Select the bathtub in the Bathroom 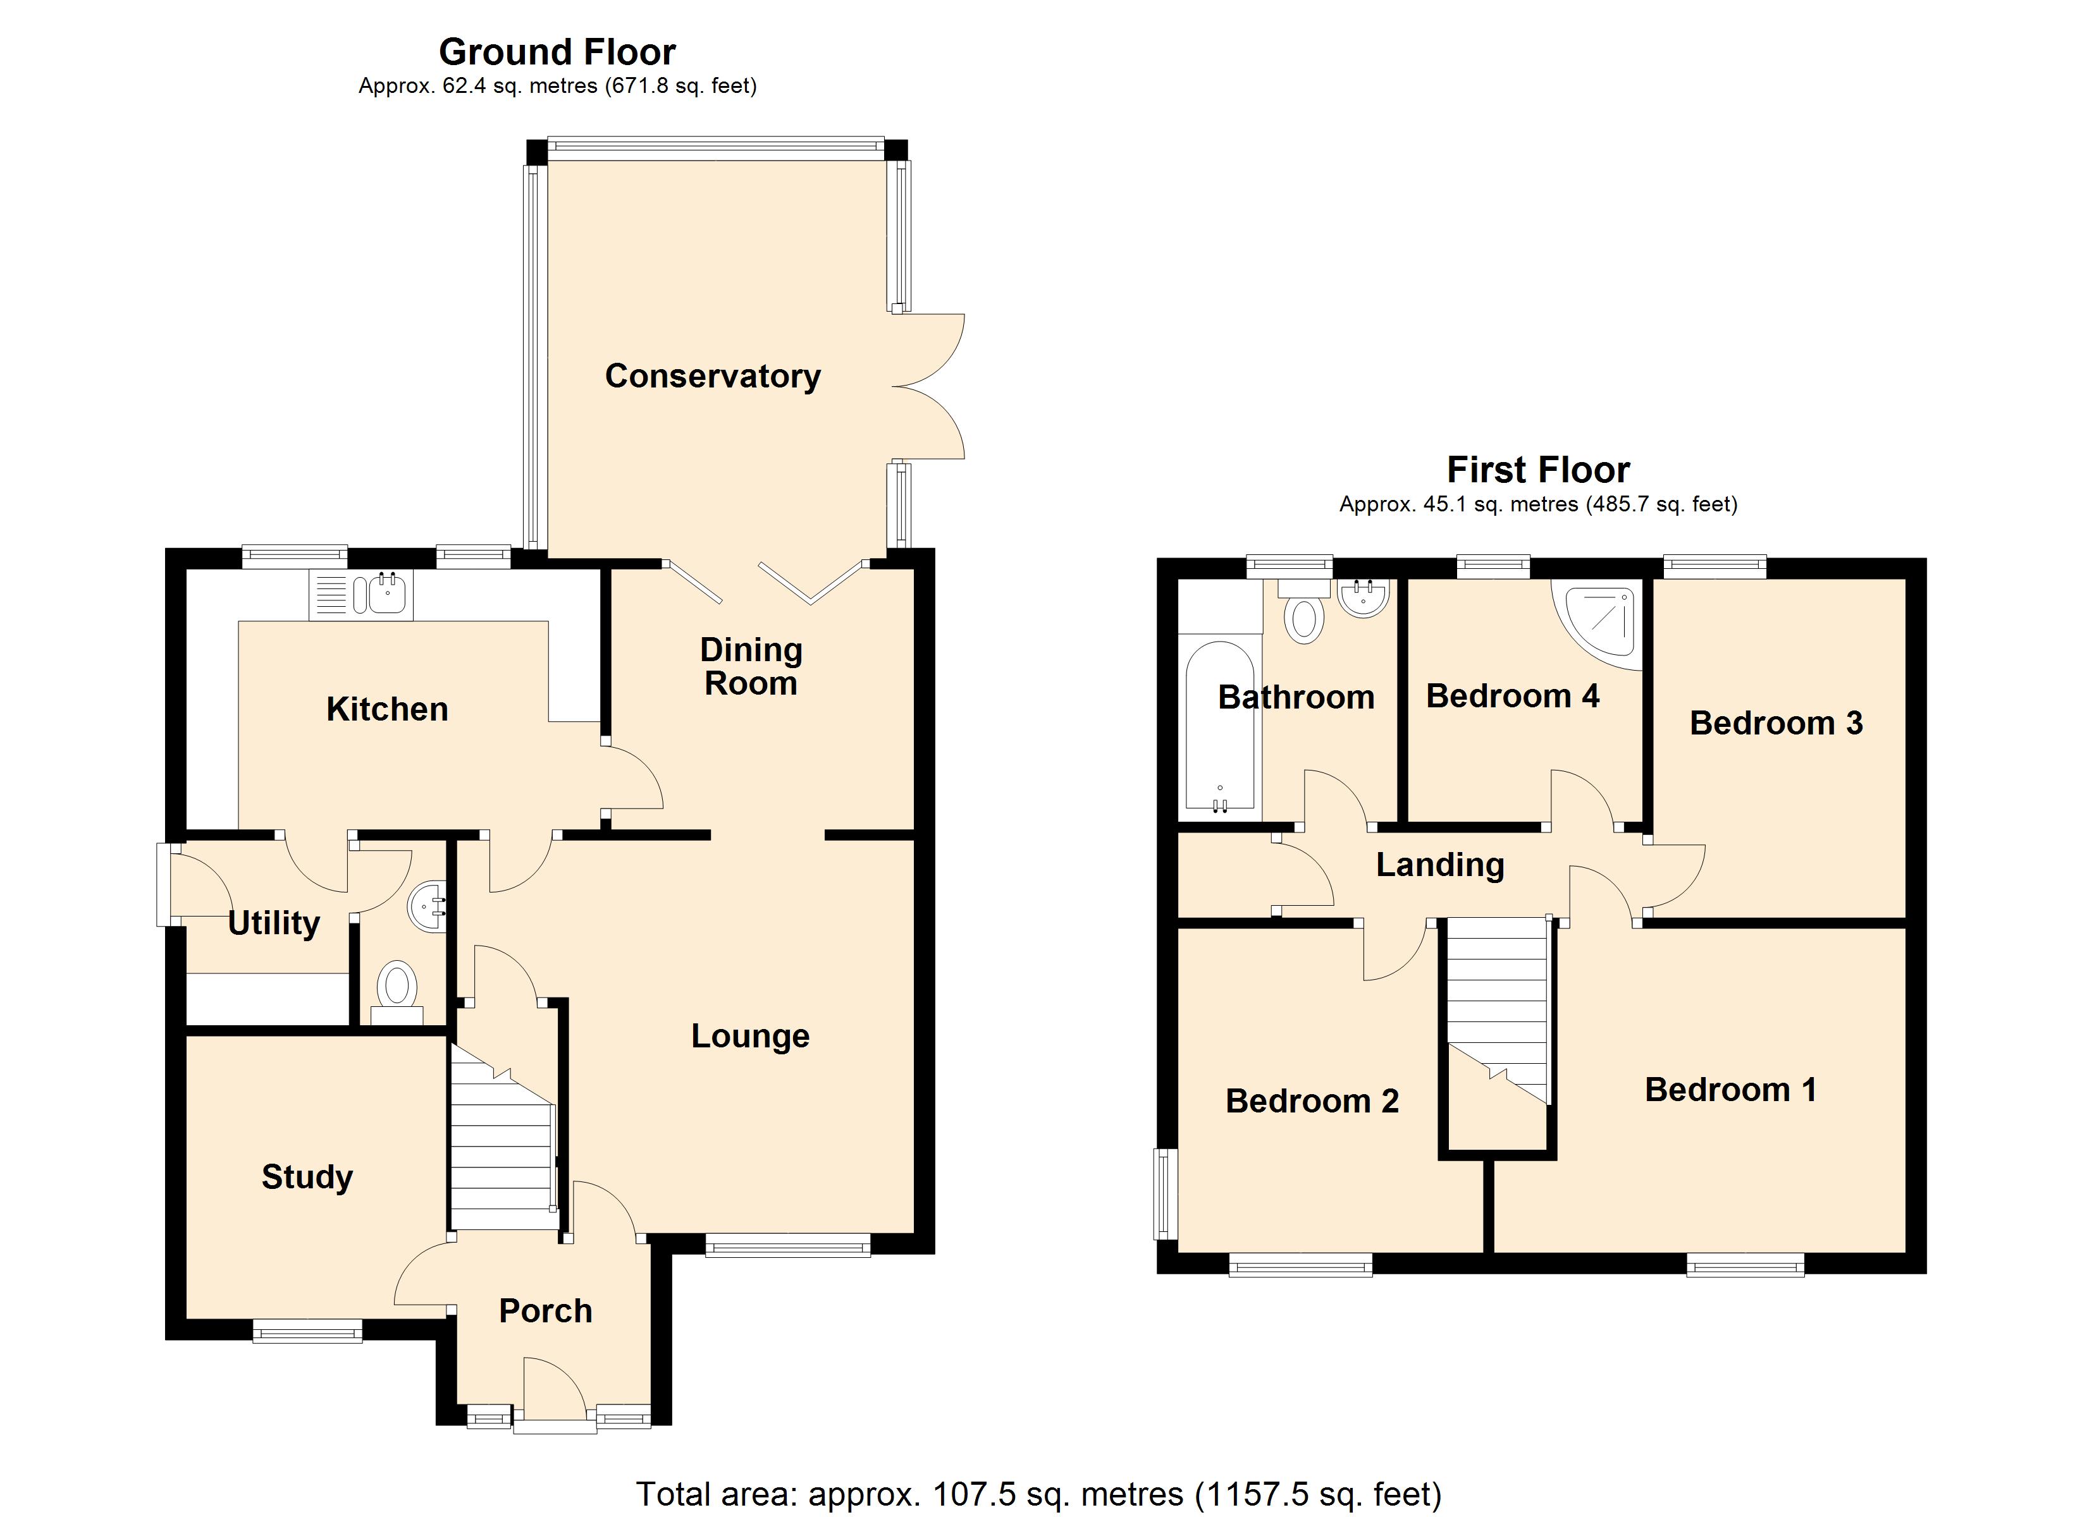1219,727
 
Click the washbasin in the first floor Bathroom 1364,598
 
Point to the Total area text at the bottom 1038,1494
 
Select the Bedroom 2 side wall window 1167,1193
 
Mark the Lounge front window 788,1248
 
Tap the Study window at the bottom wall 307,1331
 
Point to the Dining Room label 751,666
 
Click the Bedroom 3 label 1775,723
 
